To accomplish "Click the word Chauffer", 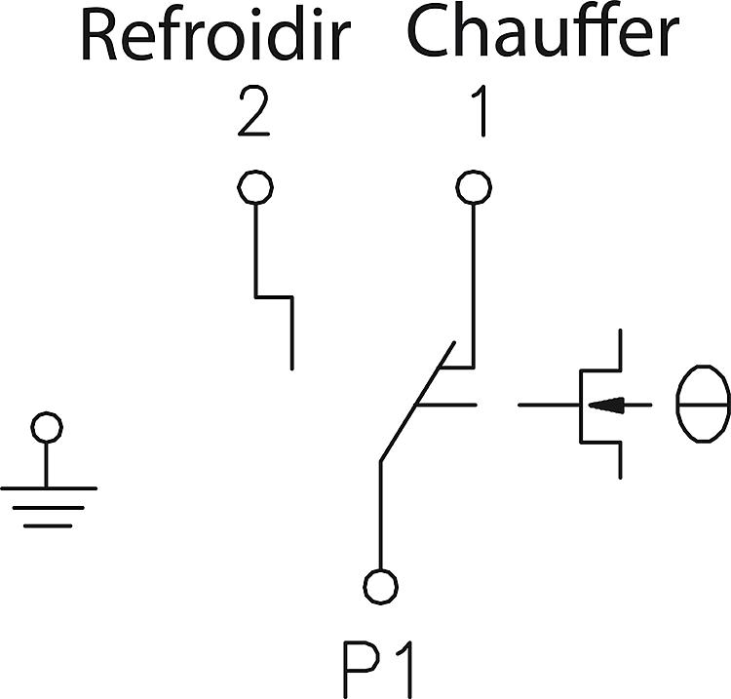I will coord(542,32).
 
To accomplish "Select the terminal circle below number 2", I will coord(255,187).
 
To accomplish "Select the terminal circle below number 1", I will coord(474,187).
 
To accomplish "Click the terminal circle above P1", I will coord(380,586).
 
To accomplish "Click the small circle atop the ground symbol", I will coord(47,428).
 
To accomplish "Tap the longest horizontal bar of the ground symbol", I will coord(48,487).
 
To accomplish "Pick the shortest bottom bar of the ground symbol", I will coord(48,525).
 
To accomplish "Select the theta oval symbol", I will coord(703,404).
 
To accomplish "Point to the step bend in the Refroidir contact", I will coord(274,296).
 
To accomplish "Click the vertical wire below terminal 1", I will coord(474,283).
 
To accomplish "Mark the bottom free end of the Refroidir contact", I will coord(291,368).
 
